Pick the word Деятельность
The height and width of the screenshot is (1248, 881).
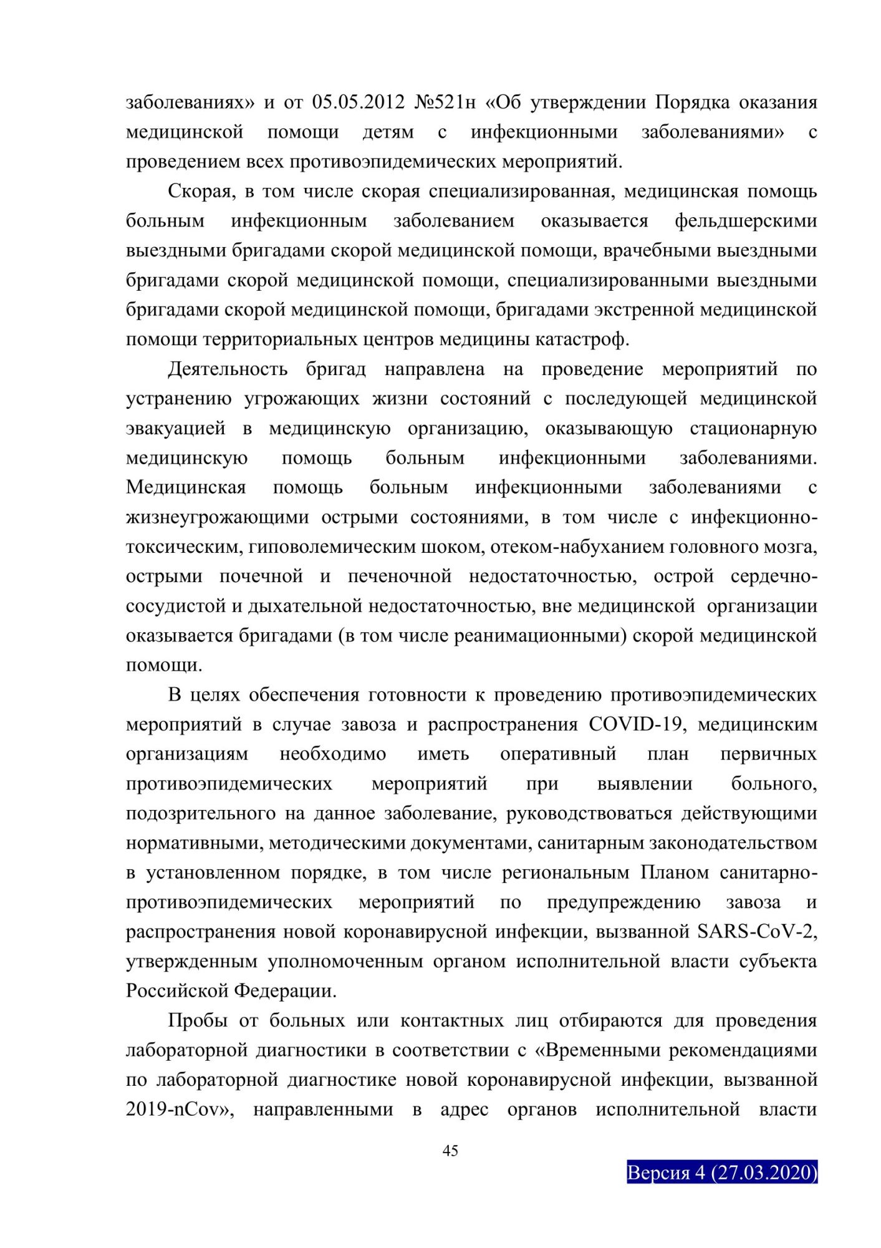(228, 369)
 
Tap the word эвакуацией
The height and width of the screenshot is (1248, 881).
(176, 428)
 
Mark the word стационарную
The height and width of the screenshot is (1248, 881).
(753, 428)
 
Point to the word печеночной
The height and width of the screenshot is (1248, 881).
(400, 576)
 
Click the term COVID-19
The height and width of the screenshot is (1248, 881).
(638, 724)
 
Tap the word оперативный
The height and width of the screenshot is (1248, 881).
(558, 754)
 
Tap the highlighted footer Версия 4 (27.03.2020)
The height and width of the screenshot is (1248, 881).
(721, 1172)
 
